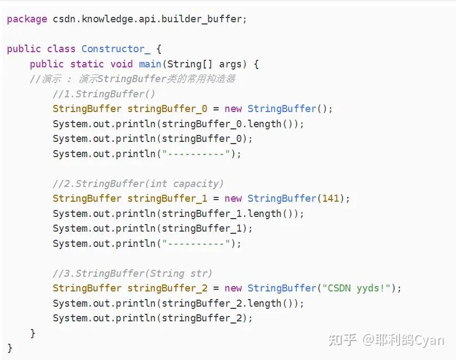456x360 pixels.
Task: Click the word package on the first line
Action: (27, 19)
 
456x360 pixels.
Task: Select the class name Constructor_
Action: (115, 49)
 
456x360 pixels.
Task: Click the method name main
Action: (149, 64)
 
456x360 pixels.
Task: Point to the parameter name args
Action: (230, 64)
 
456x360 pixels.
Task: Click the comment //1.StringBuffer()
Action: (104, 94)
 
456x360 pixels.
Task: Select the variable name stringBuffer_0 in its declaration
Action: (167, 109)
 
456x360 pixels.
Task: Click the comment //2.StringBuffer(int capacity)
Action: (138, 184)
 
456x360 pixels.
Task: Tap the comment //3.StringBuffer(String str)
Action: (132, 273)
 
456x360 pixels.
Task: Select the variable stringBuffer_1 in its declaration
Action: (167, 198)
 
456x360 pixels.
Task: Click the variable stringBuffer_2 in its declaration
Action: (167, 288)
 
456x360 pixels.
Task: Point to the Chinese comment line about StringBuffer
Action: (132, 79)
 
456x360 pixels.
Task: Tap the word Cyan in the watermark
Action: (429, 340)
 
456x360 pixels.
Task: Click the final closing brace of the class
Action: (10, 347)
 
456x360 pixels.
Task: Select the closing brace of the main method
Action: (33, 333)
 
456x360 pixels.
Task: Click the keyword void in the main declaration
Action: (121, 64)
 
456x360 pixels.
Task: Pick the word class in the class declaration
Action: (61, 49)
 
